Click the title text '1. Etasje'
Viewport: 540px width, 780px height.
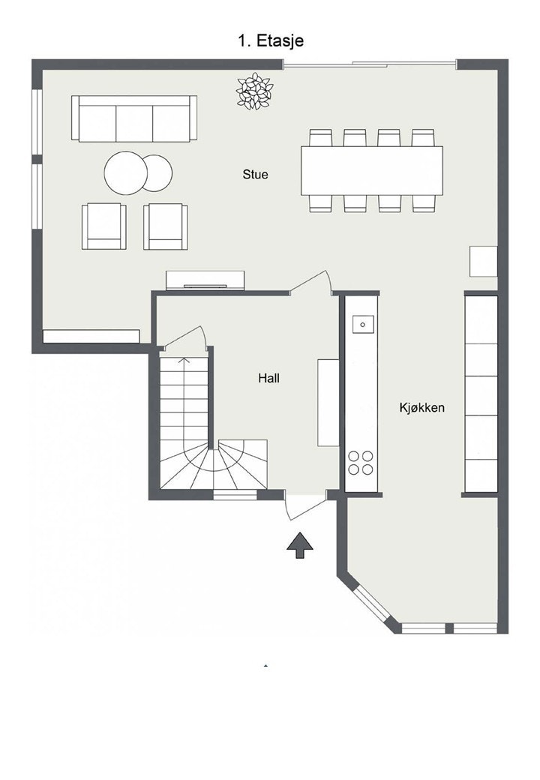[x=271, y=40]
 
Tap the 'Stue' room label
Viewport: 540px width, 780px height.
[x=255, y=175]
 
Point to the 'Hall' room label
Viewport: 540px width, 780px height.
[x=268, y=378]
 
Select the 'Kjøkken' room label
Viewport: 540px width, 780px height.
[x=421, y=408]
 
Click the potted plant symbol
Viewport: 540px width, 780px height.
[x=254, y=91]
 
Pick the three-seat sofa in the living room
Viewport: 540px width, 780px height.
[x=134, y=118]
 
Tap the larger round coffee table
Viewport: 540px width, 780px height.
[x=126, y=173]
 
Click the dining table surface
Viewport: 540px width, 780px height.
[x=371, y=171]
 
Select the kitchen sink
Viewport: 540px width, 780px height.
[x=363, y=324]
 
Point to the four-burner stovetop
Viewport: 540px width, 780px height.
[x=361, y=463]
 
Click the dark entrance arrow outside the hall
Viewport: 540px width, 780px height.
[x=300, y=545]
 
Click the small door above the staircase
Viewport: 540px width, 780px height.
[x=184, y=338]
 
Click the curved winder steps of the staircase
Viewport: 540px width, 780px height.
[x=214, y=464]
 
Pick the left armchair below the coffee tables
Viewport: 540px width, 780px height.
[x=104, y=226]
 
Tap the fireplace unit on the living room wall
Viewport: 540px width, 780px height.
[x=205, y=280]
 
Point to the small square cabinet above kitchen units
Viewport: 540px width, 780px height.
[x=483, y=262]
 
